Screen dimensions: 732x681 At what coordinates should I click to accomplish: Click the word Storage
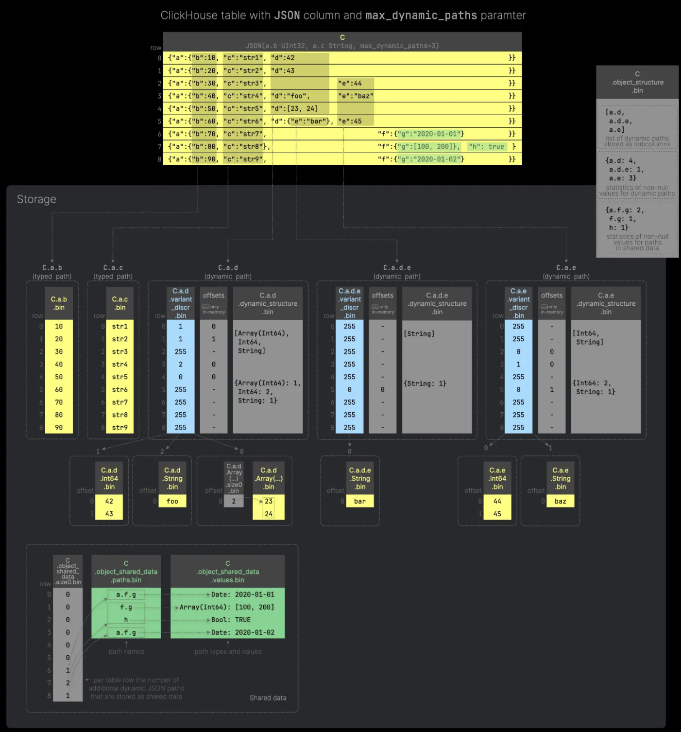pos(36,199)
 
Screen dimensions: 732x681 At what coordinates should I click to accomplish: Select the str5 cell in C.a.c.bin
pos(119,377)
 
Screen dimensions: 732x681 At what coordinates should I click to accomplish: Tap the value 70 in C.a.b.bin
pos(59,402)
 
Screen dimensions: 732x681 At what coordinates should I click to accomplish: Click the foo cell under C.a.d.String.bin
pos(172,501)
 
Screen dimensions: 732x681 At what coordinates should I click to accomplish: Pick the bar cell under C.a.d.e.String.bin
pos(360,501)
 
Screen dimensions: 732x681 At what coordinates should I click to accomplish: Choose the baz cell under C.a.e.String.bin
pos(560,501)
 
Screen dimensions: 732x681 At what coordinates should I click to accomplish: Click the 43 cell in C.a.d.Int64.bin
pos(109,514)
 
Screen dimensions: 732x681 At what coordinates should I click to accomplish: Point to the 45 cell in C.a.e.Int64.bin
pos(497,514)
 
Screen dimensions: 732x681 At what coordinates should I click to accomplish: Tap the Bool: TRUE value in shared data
pos(231,620)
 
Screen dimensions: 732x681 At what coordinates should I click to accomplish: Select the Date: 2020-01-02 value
pos(242,632)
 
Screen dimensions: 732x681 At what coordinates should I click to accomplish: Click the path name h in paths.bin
pos(126,620)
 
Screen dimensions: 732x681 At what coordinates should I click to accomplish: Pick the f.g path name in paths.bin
pos(126,607)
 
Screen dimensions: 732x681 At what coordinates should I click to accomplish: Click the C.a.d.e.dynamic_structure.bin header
pos(437,303)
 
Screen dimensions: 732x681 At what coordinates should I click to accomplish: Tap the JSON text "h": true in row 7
pos(486,146)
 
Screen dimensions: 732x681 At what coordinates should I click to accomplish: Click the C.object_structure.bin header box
pos(637,82)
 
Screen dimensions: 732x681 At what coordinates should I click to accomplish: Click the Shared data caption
pos(268,698)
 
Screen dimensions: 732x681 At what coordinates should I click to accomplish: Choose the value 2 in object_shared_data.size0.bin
pos(68,683)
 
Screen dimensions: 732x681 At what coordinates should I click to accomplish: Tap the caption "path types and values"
pos(228,651)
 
